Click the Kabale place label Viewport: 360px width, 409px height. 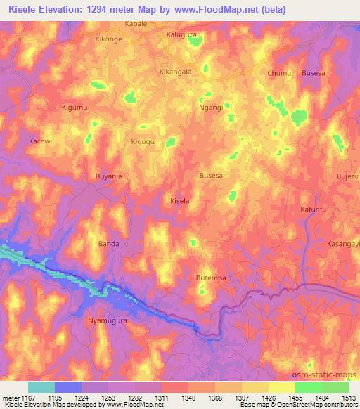136,23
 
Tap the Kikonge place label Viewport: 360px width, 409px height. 109,39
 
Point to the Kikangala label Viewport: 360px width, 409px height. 176,72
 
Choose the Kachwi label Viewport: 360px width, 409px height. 41,141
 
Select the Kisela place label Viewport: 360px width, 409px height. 181,201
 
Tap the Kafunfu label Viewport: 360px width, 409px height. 315,209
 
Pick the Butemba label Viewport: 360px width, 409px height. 211,278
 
